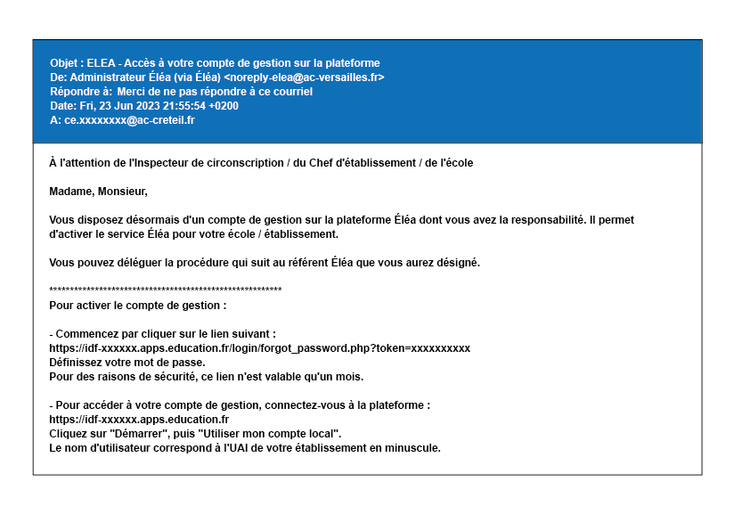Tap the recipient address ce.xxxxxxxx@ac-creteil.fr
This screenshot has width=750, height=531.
[x=129, y=120]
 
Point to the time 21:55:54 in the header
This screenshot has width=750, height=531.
[x=183, y=106]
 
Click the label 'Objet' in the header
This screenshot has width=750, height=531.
[x=65, y=63]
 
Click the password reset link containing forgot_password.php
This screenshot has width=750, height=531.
[x=259, y=348]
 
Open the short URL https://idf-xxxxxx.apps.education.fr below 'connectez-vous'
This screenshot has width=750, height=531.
[x=139, y=420]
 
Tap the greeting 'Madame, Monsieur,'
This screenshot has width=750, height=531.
[x=98, y=192]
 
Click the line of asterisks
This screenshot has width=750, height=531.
[x=166, y=290]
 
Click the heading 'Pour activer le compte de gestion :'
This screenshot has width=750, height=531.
[x=138, y=306]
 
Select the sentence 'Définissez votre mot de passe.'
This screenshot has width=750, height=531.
[x=127, y=363]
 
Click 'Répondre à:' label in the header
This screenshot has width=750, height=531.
[x=81, y=92]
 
